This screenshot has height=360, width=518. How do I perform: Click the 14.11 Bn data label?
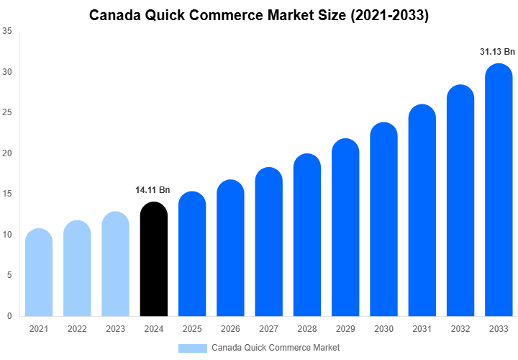(x=153, y=190)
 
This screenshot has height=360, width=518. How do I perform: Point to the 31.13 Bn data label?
(x=497, y=52)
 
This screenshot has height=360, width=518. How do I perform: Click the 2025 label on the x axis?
(x=192, y=328)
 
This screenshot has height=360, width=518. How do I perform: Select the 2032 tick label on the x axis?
(x=460, y=328)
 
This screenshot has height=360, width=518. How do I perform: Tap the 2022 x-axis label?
(x=77, y=328)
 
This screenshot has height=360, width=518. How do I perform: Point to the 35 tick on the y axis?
(x=6, y=31)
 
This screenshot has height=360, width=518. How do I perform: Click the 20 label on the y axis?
(x=6, y=153)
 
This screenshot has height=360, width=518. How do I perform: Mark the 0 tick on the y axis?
(x=9, y=316)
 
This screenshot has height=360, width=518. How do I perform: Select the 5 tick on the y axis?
(x=9, y=275)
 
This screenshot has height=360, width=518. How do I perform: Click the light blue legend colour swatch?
(x=192, y=348)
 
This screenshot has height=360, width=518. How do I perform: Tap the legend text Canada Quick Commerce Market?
(x=276, y=348)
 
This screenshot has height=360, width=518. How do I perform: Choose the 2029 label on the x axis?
(x=345, y=328)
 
